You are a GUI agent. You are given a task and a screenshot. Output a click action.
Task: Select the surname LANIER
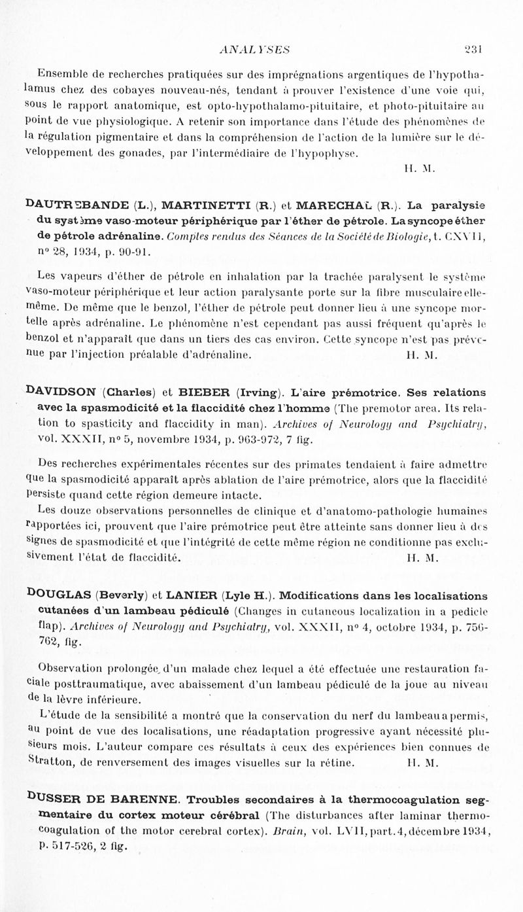coord(195,595)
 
